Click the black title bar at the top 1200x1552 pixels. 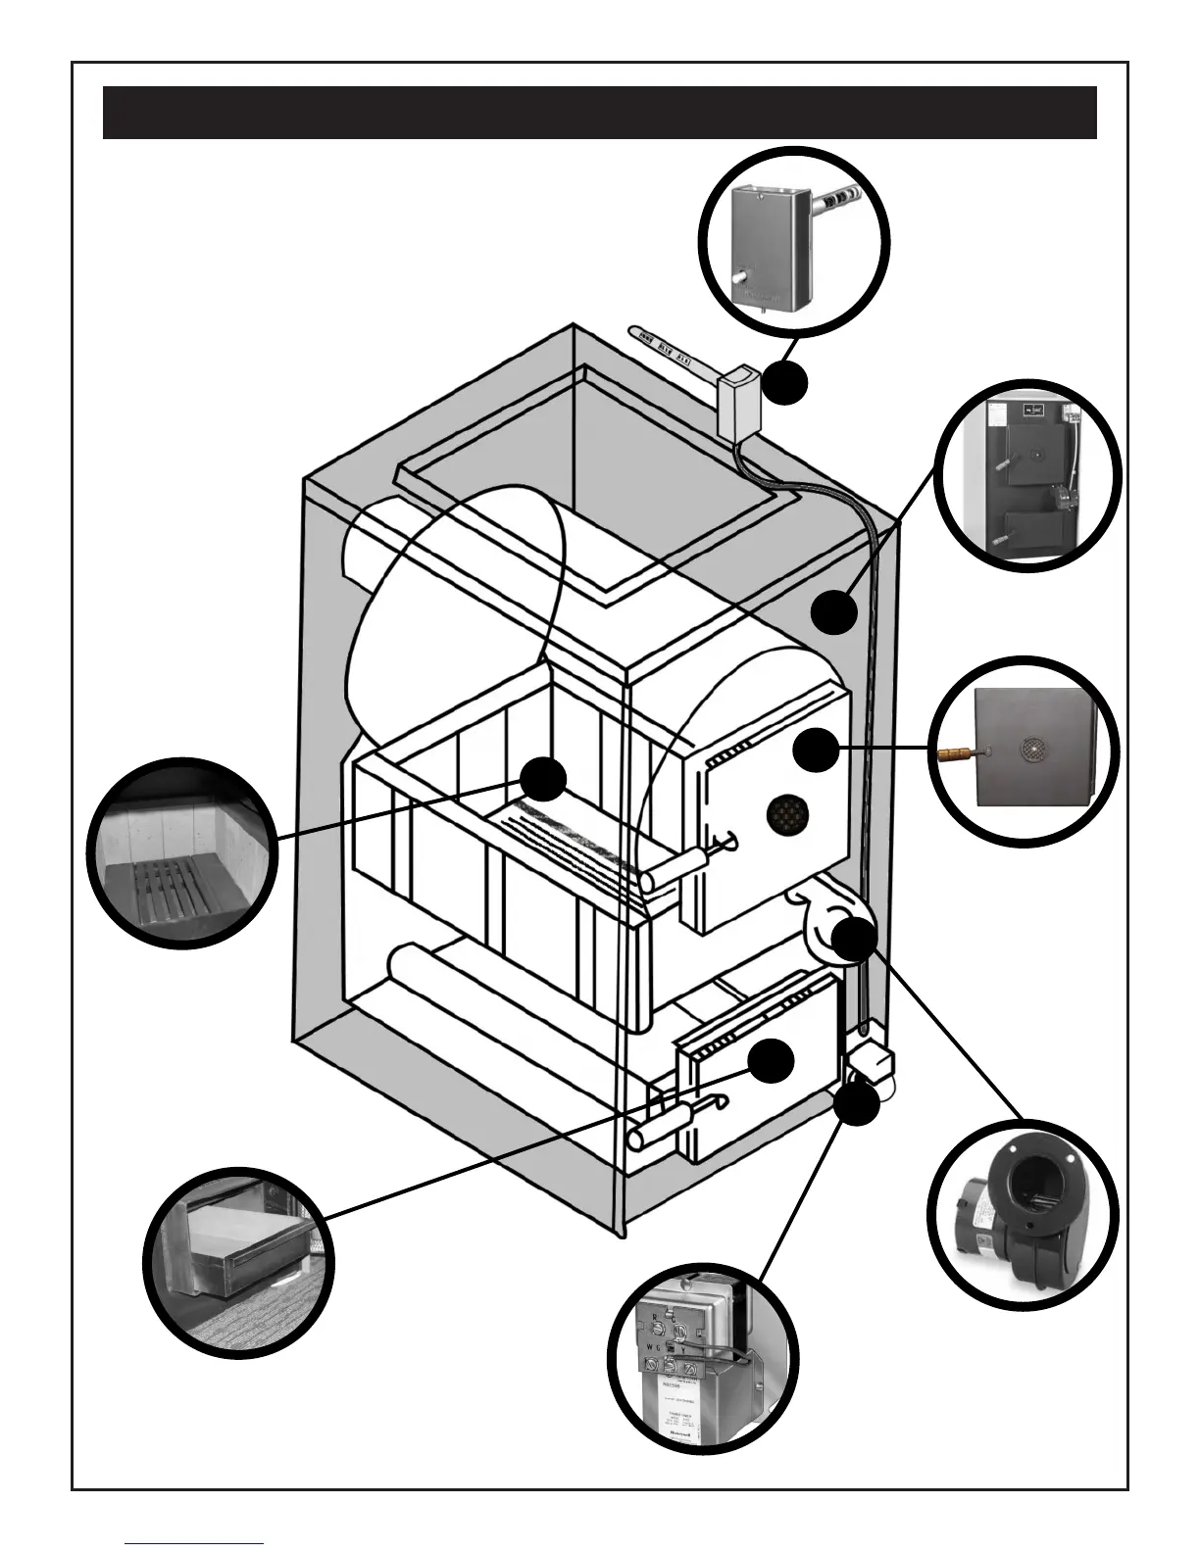599,112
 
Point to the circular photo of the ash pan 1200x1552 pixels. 238,1262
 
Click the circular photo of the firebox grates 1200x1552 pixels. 182,852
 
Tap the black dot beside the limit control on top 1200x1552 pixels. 786,383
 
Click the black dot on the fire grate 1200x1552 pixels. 542,781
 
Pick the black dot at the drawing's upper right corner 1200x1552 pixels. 835,612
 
